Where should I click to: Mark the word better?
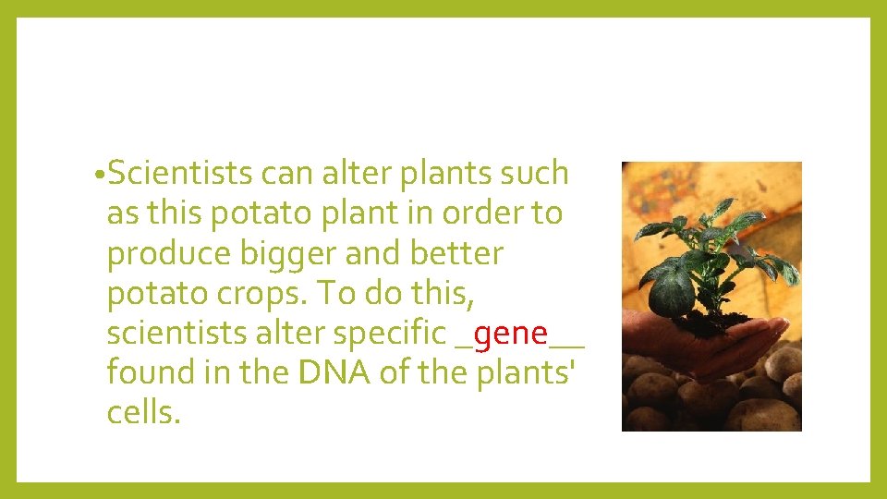coord(460,252)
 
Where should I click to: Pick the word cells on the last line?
coord(143,412)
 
